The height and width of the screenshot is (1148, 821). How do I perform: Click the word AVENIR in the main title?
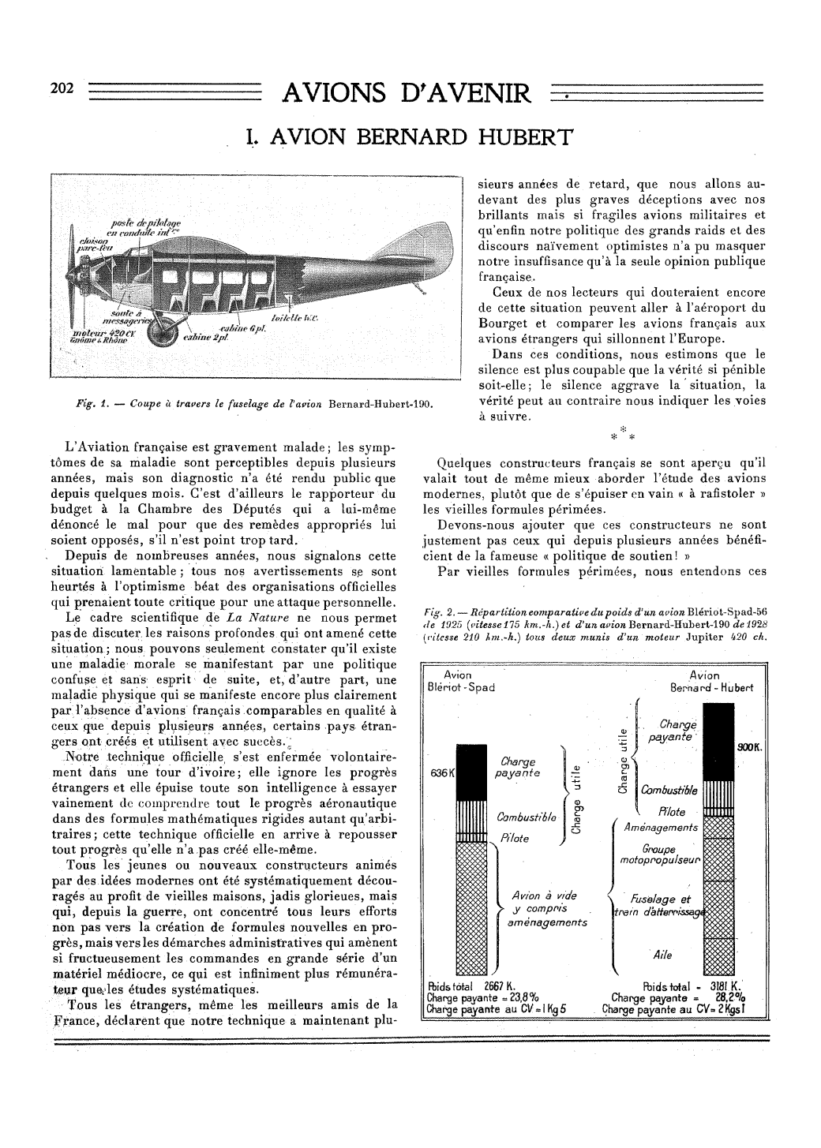[x=474, y=95]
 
